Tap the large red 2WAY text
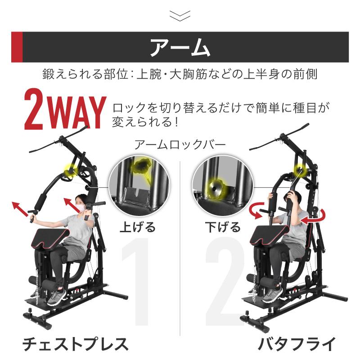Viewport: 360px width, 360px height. pyautogui.click(x=65, y=110)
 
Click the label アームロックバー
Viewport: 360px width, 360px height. pyautogui.click(x=180, y=144)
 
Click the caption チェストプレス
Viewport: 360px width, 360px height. pyautogui.click(x=76, y=344)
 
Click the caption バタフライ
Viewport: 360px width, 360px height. pyautogui.click(x=297, y=344)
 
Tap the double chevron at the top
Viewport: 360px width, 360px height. pyautogui.click(x=180, y=16)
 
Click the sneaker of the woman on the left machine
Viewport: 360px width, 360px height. pyautogui.click(x=57, y=297)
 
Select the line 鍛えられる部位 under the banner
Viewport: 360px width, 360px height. pyautogui.click(x=180, y=74)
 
